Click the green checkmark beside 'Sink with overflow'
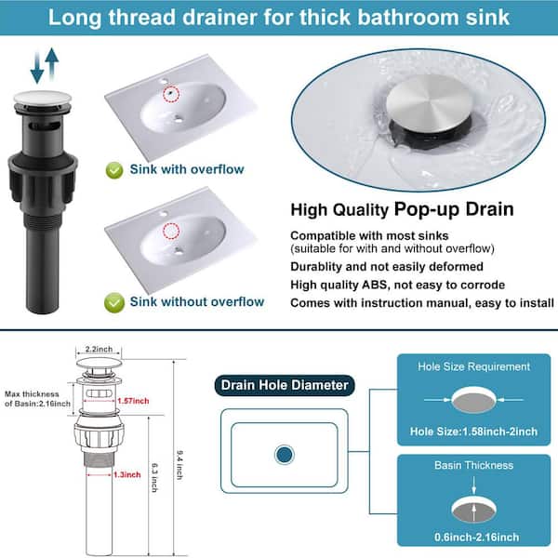[x=114, y=170]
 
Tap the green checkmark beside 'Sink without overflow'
[x=114, y=303]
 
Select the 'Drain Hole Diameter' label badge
[x=285, y=385]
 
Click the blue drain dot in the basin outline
[x=285, y=455]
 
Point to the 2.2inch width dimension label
[x=99, y=349]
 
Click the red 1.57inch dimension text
[x=133, y=401]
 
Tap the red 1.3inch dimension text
[x=127, y=474]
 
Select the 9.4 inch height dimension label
[x=179, y=465]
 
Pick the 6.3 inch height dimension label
[x=154, y=478]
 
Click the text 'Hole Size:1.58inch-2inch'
[x=473, y=432]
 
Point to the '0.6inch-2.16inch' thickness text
[x=476, y=537]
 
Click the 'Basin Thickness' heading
[x=473, y=465]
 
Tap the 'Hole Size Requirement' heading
[x=473, y=366]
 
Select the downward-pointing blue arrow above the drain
[x=37, y=68]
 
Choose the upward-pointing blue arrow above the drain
[x=52, y=63]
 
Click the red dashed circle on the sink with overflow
[x=171, y=94]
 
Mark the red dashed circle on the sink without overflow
[x=171, y=231]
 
